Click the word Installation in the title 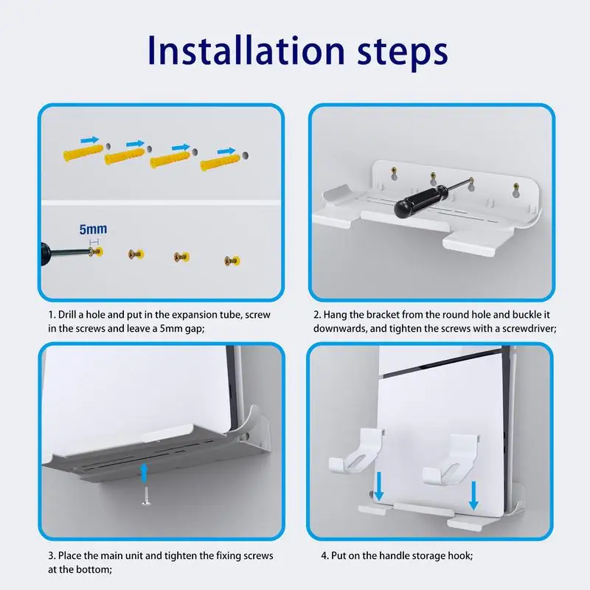(246, 50)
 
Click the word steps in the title (402, 53)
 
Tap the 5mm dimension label (93, 229)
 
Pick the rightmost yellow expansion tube (220, 162)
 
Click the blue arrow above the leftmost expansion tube (90, 140)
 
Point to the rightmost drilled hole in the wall (245, 155)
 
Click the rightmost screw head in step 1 (232, 260)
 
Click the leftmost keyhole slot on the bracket (394, 173)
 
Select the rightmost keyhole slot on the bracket (516, 190)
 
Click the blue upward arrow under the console (144, 473)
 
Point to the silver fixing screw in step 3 (146, 496)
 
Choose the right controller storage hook (450, 459)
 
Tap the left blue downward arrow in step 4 (379, 486)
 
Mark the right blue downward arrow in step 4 (473, 495)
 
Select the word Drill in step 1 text (66, 315)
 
